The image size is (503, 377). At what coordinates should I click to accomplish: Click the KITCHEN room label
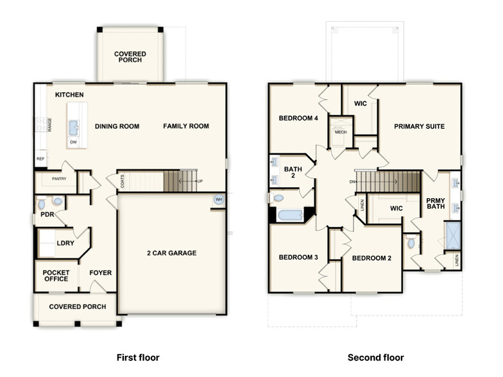(69, 95)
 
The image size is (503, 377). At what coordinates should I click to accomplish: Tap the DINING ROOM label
(117, 126)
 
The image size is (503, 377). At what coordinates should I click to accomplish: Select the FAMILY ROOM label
(186, 126)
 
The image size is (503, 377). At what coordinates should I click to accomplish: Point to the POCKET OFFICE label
(56, 276)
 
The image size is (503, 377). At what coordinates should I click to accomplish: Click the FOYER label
(100, 273)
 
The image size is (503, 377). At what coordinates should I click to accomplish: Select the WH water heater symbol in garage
(218, 199)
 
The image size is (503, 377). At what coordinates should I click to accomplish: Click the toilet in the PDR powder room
(42, 205)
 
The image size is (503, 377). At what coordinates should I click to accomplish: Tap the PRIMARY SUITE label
(419, 126)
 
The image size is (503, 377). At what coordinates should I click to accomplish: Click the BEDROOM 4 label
(298, 118)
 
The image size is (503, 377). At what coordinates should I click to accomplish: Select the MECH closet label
(340, 132)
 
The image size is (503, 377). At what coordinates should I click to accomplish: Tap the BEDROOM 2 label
(371, 258)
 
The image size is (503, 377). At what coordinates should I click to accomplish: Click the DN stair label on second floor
(352, 181)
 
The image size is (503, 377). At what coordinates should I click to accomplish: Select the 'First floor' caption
(137, 357)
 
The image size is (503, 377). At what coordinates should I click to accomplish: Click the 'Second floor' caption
(375, 357)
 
